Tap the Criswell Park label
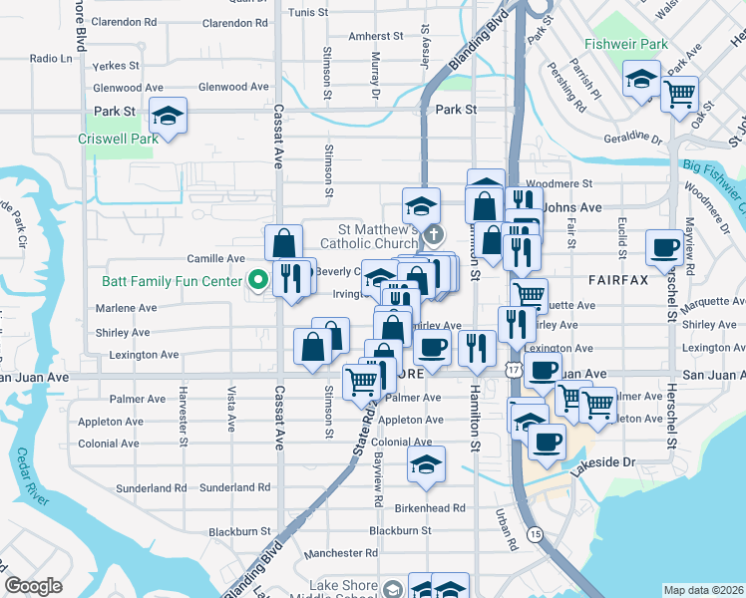coord(119,140)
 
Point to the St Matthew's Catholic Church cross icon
coord(433,236)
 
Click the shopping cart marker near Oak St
coord(679,95)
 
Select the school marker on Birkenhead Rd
coord(427,463)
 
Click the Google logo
coord(34,586)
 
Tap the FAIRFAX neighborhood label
coord(618,281)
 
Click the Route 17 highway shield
coord(513,370)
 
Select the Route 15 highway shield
coord(537,534)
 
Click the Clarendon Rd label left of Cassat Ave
coord(123,21)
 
